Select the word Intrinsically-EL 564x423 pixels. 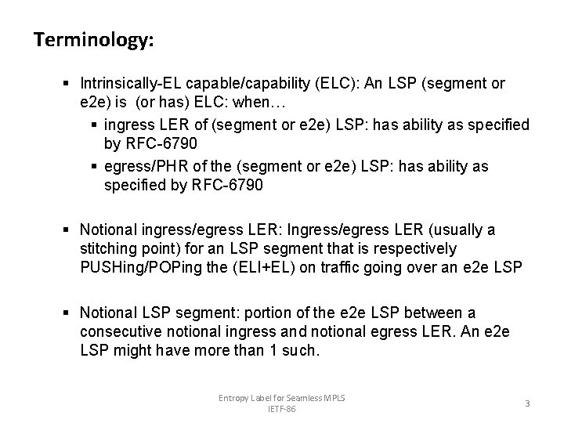pos(128,84)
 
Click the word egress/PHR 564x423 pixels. pos(146,167)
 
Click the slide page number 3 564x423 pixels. pos(527,404)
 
